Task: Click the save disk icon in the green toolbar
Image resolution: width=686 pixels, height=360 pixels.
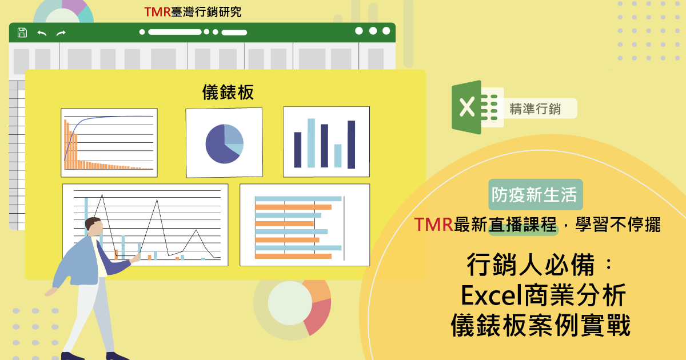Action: pyautogui.click(x=22, y=33)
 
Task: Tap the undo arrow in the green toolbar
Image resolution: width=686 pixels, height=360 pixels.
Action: pyautogui.click(x=42, y=33)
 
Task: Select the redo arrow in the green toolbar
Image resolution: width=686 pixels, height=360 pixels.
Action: pyautogui.click(x=61, y=33)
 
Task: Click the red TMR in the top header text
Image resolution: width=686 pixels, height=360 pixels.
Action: pyautogui.click(x=157, y=12)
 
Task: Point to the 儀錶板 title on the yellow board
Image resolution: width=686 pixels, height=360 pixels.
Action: pyautogui.click(x=228, y=92)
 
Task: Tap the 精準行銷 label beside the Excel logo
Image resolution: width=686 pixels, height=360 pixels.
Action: pyautogui.click(x=535, y=109)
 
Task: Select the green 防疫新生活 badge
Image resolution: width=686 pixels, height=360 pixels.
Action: pyautogui.click(x=535, y=194)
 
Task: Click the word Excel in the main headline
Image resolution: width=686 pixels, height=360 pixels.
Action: pyautogui.click(x=492, y=295)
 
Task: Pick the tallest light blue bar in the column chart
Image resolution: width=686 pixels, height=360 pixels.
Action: pyautogui.click(x=311, y=143)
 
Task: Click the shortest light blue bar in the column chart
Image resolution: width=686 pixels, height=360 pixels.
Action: pyautogui.click(x=338, y=156)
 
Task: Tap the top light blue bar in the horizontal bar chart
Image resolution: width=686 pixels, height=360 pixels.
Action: pyautogui.click(x=298, y=199)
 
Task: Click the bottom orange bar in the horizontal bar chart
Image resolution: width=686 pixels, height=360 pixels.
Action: pyautogui.click(x=293, y=256)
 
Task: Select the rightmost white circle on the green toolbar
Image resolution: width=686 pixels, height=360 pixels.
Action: pyautogui.click(x=386, y=31)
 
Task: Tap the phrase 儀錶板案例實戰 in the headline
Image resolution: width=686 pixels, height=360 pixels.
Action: pyautogui.click(x=541, y=325)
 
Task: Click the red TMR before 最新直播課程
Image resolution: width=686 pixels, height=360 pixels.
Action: pyautogui.click(x=434, y=225)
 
